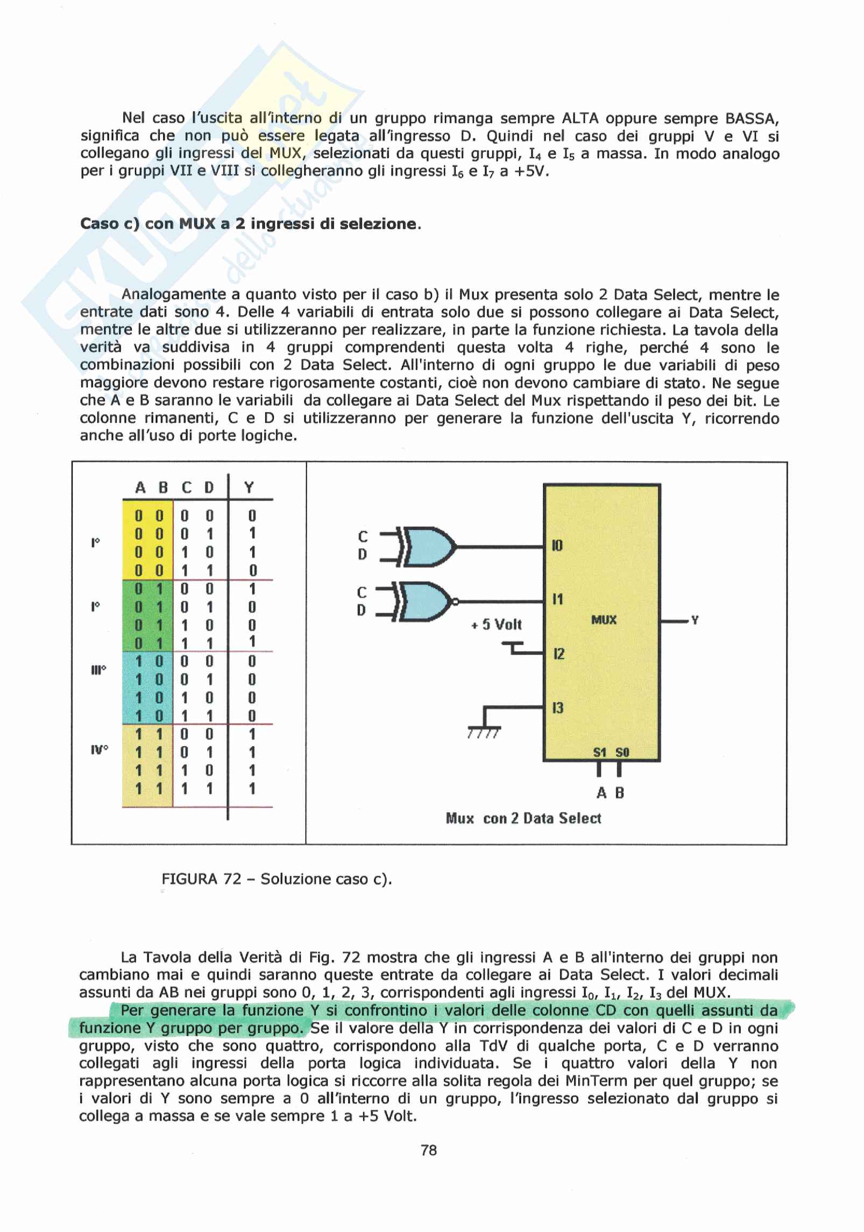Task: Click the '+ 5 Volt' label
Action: point(496,625)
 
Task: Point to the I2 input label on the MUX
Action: point(558,654)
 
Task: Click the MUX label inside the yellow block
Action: point(604,620)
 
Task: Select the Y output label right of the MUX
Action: point(695,620)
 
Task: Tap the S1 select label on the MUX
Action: point(600,753)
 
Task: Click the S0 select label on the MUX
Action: point(622,753)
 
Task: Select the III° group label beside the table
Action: point(98,670)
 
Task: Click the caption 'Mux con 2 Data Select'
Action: point(523,818)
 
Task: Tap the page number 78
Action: point(429,1150)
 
